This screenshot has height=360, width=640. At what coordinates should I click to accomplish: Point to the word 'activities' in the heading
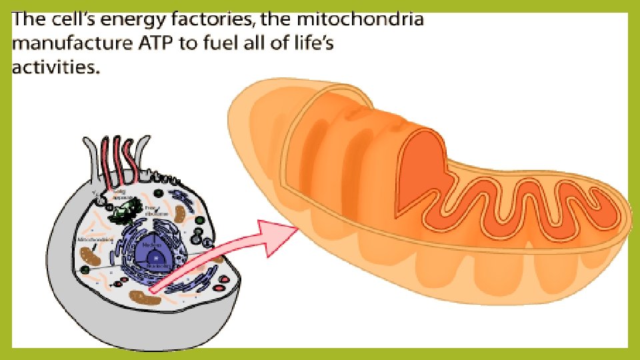(x=54, y=68)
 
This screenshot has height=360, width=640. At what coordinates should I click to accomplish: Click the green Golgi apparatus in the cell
(x=122, y=211)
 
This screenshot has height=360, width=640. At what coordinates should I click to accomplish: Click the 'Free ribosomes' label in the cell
(x=153, y=211)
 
